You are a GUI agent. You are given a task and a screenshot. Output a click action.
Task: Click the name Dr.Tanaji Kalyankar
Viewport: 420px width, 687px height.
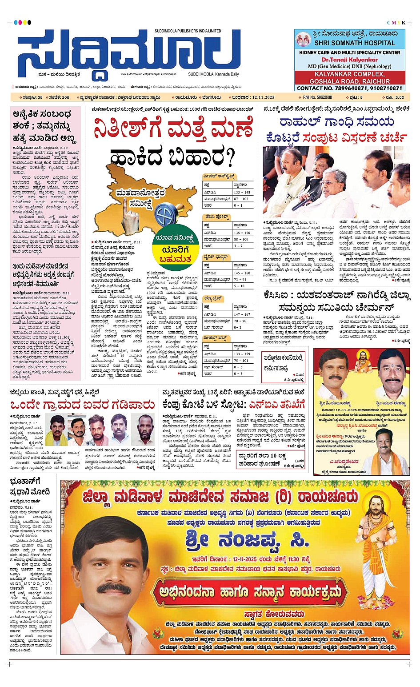click(x=349, y=60)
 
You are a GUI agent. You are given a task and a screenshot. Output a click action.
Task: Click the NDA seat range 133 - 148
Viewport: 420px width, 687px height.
click(x=242, y=193)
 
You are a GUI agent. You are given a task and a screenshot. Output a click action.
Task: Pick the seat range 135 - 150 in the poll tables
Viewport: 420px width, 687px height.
click(x=242, y=233)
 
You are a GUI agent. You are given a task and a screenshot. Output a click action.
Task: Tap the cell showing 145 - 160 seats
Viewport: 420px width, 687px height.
click(x=242, y=273)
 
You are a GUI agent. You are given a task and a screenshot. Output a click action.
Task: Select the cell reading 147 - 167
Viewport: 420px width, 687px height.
click(x=242, y=314)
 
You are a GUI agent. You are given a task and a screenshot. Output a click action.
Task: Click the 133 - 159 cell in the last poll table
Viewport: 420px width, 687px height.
click(x=242, y=354)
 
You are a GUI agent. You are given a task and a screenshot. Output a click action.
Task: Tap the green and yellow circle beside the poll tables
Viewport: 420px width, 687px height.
click(x=175, y=248)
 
